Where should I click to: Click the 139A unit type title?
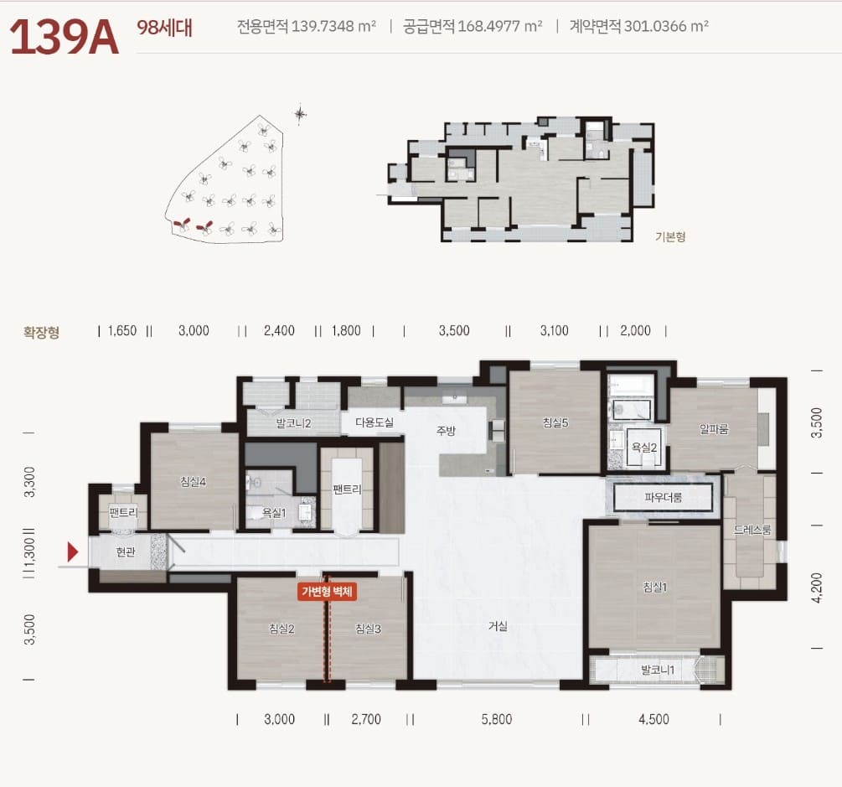(64, 37)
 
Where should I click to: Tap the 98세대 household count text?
(164, 28)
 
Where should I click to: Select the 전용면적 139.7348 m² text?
(306, 26)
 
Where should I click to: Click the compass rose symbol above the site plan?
(300, 113)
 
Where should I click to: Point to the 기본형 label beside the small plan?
(670, 236)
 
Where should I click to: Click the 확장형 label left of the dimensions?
(41, 333)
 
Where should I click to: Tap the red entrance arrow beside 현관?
(73, 551)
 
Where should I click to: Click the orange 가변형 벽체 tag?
(327, 592)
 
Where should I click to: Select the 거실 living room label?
(498, 626)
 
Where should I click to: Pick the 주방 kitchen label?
(446, 430)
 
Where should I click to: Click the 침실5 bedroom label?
(555, 422)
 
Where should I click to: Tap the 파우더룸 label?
(664, 498)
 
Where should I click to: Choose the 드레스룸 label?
(752, 531)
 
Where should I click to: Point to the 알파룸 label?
(714, 428)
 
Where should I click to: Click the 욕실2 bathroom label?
(643, 448)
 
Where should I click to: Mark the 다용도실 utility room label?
(375, 422)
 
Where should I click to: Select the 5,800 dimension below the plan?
(497, 719)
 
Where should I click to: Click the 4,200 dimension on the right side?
(816, 588)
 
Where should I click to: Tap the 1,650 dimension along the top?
(122, 330)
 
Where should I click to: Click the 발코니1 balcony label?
(658, 670)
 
